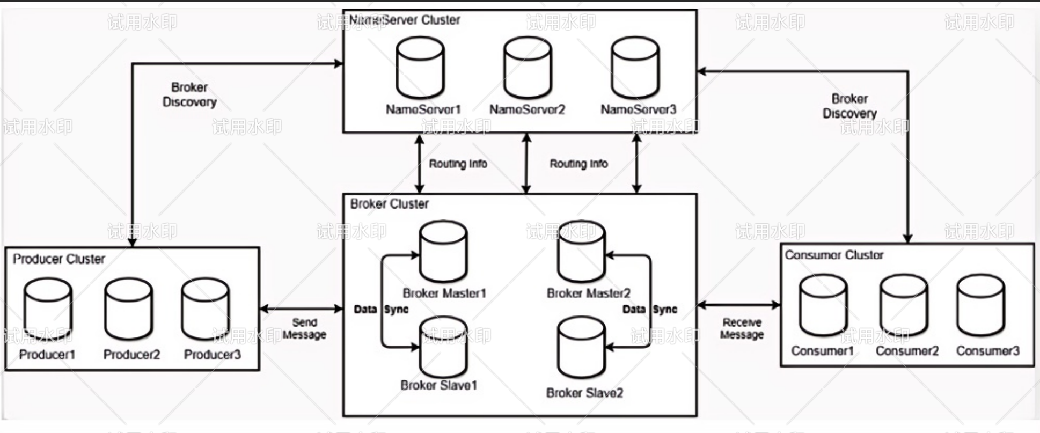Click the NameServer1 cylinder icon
click(420, 68)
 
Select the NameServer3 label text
click(638, 109)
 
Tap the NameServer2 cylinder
click(528, 68)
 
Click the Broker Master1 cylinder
click(443, 251)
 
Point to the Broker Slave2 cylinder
click(582, 348)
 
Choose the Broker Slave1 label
click(438, 385)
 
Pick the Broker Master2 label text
click(588, 293)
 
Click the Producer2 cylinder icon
click(128, 309)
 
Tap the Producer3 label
click(212, 355)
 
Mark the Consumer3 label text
click(987, 351)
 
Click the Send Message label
click(304, 328)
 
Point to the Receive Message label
click(742, 328)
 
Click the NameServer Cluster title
click(405, 20)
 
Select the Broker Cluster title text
click(389, 204)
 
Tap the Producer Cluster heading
click(59, 259)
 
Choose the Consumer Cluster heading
click(834, 255)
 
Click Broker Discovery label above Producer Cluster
click(189, 94)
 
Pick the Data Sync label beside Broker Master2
click(650, 310)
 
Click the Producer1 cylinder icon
click(48, 309)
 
